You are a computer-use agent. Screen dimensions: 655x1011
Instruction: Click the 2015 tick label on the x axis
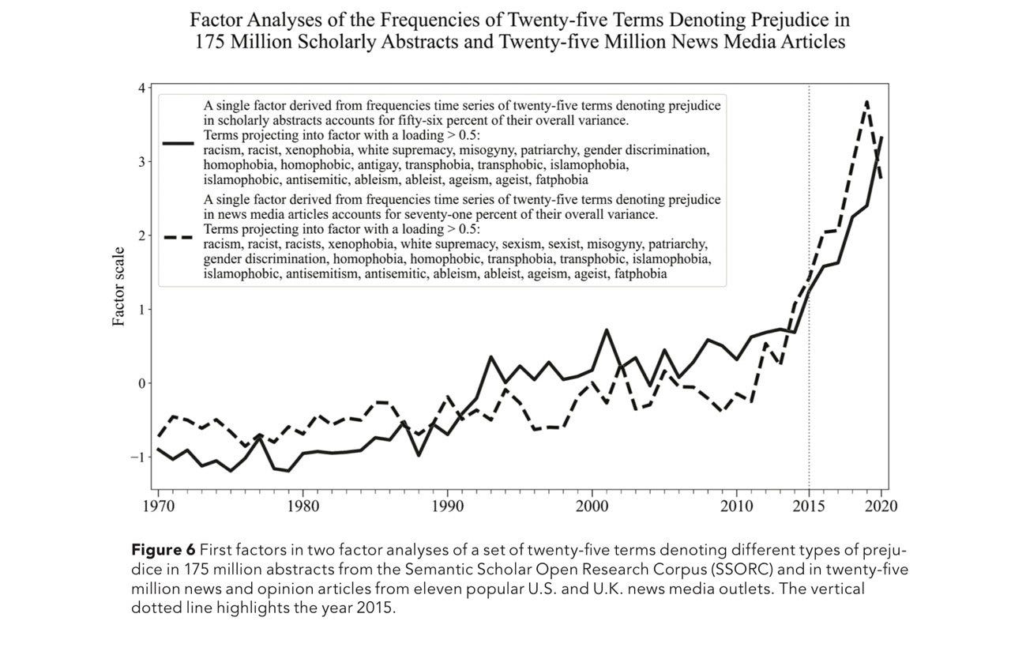[x=809, y=506]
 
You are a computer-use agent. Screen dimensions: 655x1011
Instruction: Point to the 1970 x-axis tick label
[x=158, y=506]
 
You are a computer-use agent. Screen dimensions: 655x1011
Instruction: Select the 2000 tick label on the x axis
[x=592, y=506]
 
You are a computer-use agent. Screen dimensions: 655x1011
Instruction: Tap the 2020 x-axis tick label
[x=881, y=506]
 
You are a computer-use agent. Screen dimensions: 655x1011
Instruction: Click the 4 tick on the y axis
[x=141, y=88]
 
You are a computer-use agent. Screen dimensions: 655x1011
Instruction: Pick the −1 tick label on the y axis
[x=137, y=457]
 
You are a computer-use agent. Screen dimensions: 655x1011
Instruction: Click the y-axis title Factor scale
[x=118, y=287]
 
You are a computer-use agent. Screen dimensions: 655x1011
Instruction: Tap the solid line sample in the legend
[x=179, y=144]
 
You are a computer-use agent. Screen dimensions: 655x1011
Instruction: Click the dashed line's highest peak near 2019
[x=867, y=101]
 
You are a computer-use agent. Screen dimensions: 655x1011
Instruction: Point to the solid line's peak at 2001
[x=606, y=329]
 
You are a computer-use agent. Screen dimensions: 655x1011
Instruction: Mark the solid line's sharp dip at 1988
[x=418, y=455]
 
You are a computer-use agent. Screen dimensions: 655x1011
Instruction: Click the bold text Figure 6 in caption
[x=162, y=549]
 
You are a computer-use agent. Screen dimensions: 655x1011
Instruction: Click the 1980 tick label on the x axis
[x=303, y=506]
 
